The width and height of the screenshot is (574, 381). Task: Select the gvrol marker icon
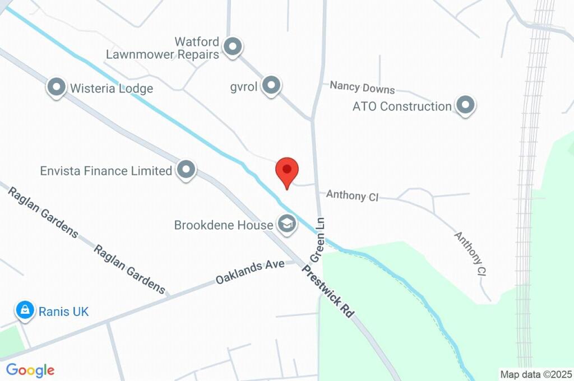(271, 86)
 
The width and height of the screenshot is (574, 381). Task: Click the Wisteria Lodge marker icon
(56, 87)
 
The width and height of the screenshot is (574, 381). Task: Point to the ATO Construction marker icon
(465, 105)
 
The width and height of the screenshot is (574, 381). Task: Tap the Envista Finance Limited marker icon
(186, 169)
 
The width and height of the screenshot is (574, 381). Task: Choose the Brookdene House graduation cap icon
(287, 224)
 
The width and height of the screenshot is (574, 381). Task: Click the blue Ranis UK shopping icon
(25, 310)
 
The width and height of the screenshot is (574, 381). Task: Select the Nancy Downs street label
(362, 87)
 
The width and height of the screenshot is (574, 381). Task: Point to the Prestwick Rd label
(328, 291)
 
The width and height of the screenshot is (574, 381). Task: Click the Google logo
(30, 370)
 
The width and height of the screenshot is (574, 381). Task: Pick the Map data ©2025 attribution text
(536, 374)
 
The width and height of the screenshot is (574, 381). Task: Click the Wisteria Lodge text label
(111, 89)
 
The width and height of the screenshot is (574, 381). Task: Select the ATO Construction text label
(402, 106)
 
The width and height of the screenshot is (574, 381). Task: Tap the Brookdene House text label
(224, 225)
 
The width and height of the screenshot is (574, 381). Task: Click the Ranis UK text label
(63, 312)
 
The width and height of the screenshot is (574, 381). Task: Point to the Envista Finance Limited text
(106, 171)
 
